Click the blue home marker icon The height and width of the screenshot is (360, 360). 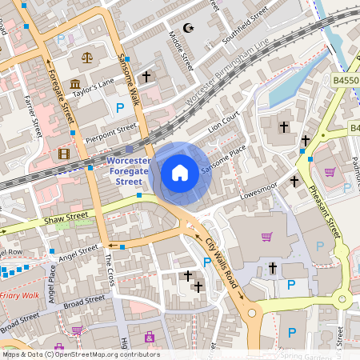(x=180, y=172)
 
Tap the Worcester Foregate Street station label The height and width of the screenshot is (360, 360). (x=129, y=171)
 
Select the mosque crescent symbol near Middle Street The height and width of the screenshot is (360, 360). (x=190, y=28)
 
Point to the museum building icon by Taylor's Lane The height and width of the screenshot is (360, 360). (x=75, y=84)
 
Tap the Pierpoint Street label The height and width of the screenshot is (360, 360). (x=112, y=129)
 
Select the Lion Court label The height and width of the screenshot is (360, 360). (x=224, y=122)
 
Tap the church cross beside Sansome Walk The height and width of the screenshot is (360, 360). (x=146, y=77)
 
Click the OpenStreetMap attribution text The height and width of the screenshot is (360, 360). (x=80, y=354)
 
